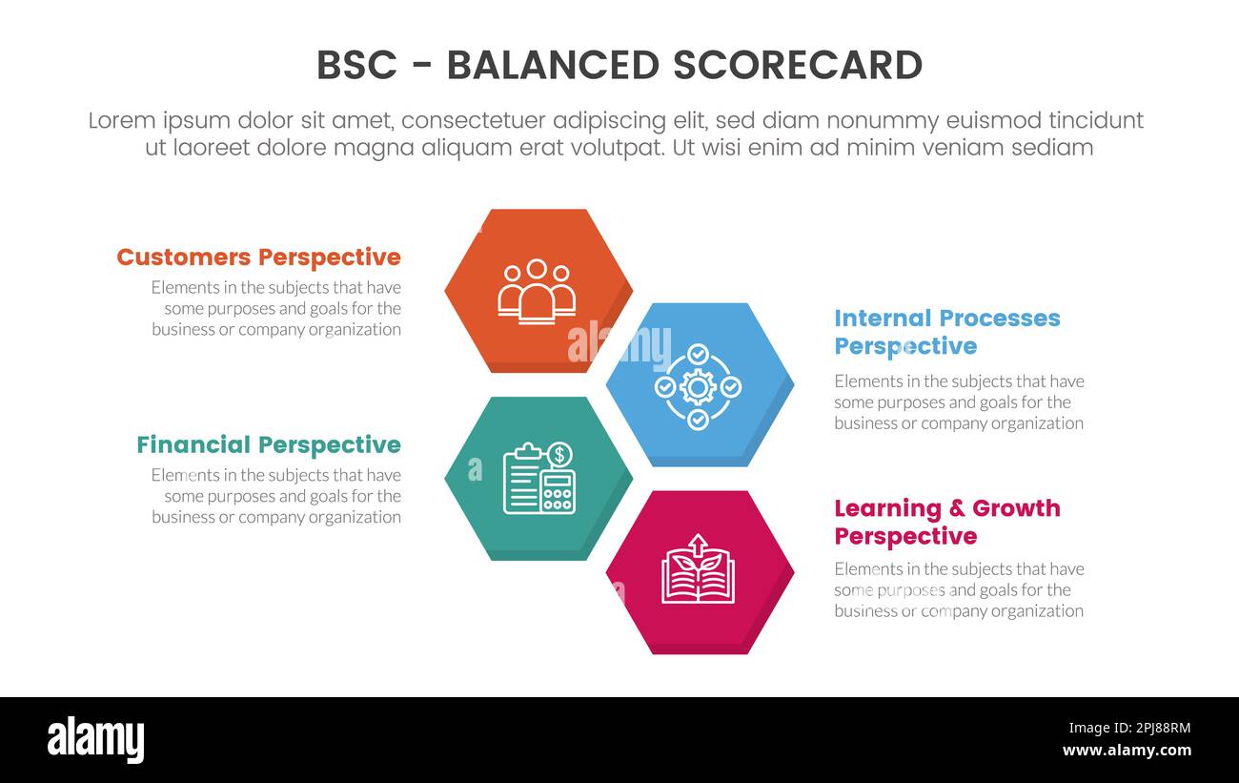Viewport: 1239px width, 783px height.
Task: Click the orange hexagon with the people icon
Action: tap(537, 289)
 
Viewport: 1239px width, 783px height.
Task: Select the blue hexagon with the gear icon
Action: tap(699, 383)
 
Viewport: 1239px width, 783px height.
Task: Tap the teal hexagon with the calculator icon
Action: tap(538, 477)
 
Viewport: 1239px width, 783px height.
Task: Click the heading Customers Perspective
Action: tap(258, 257)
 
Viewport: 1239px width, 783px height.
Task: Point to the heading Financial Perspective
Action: tap(268, 444)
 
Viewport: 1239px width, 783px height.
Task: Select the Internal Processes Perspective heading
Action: tap(946, 331)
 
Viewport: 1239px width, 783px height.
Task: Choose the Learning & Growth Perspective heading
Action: tap(946, 522)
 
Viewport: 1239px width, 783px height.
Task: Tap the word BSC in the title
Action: tap(357, 65)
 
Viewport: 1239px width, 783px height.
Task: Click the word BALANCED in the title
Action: tap(552, 65)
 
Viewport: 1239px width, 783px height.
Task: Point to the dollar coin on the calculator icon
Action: tap(560, 455)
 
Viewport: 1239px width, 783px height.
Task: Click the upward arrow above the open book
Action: tap(699, 544)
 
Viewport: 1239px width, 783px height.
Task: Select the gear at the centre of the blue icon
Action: tap(699, 386)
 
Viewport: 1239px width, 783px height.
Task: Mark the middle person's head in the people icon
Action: tap(537, 270)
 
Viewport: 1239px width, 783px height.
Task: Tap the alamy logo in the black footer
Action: tap(95, 740)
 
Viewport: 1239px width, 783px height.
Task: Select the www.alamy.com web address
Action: tap(1127, 751)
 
